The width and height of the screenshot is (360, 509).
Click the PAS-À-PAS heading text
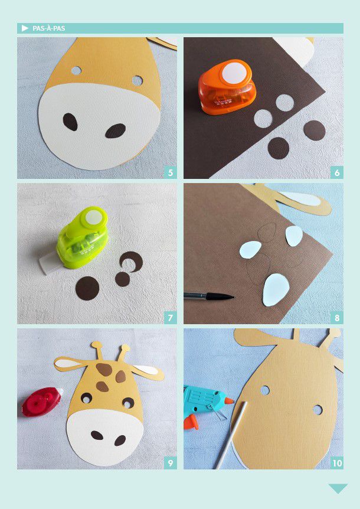[48, 28]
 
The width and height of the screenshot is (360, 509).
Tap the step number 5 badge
[171, 172]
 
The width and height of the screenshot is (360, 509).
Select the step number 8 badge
[337, 318]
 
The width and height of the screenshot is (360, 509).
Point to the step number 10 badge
[337, 463]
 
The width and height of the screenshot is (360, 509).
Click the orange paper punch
[227, 87]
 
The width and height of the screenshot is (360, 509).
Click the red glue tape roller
[42, 402]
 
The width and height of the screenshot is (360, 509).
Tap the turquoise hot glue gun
[204, 406]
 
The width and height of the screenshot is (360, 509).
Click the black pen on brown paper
[209, 296]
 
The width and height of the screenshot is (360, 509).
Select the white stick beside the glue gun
[231, 435]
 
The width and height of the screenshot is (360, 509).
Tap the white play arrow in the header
[25, 28]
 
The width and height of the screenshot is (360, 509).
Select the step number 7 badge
[171, 318]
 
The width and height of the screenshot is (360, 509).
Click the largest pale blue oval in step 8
[276, 290]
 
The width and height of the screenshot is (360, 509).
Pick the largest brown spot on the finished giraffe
[104, 370]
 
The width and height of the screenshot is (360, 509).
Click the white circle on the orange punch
[234, 72]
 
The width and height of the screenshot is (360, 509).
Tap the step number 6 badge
[337, 172]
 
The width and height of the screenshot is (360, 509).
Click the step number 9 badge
[171, 463]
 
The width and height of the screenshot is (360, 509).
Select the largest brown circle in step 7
[87, 289]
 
